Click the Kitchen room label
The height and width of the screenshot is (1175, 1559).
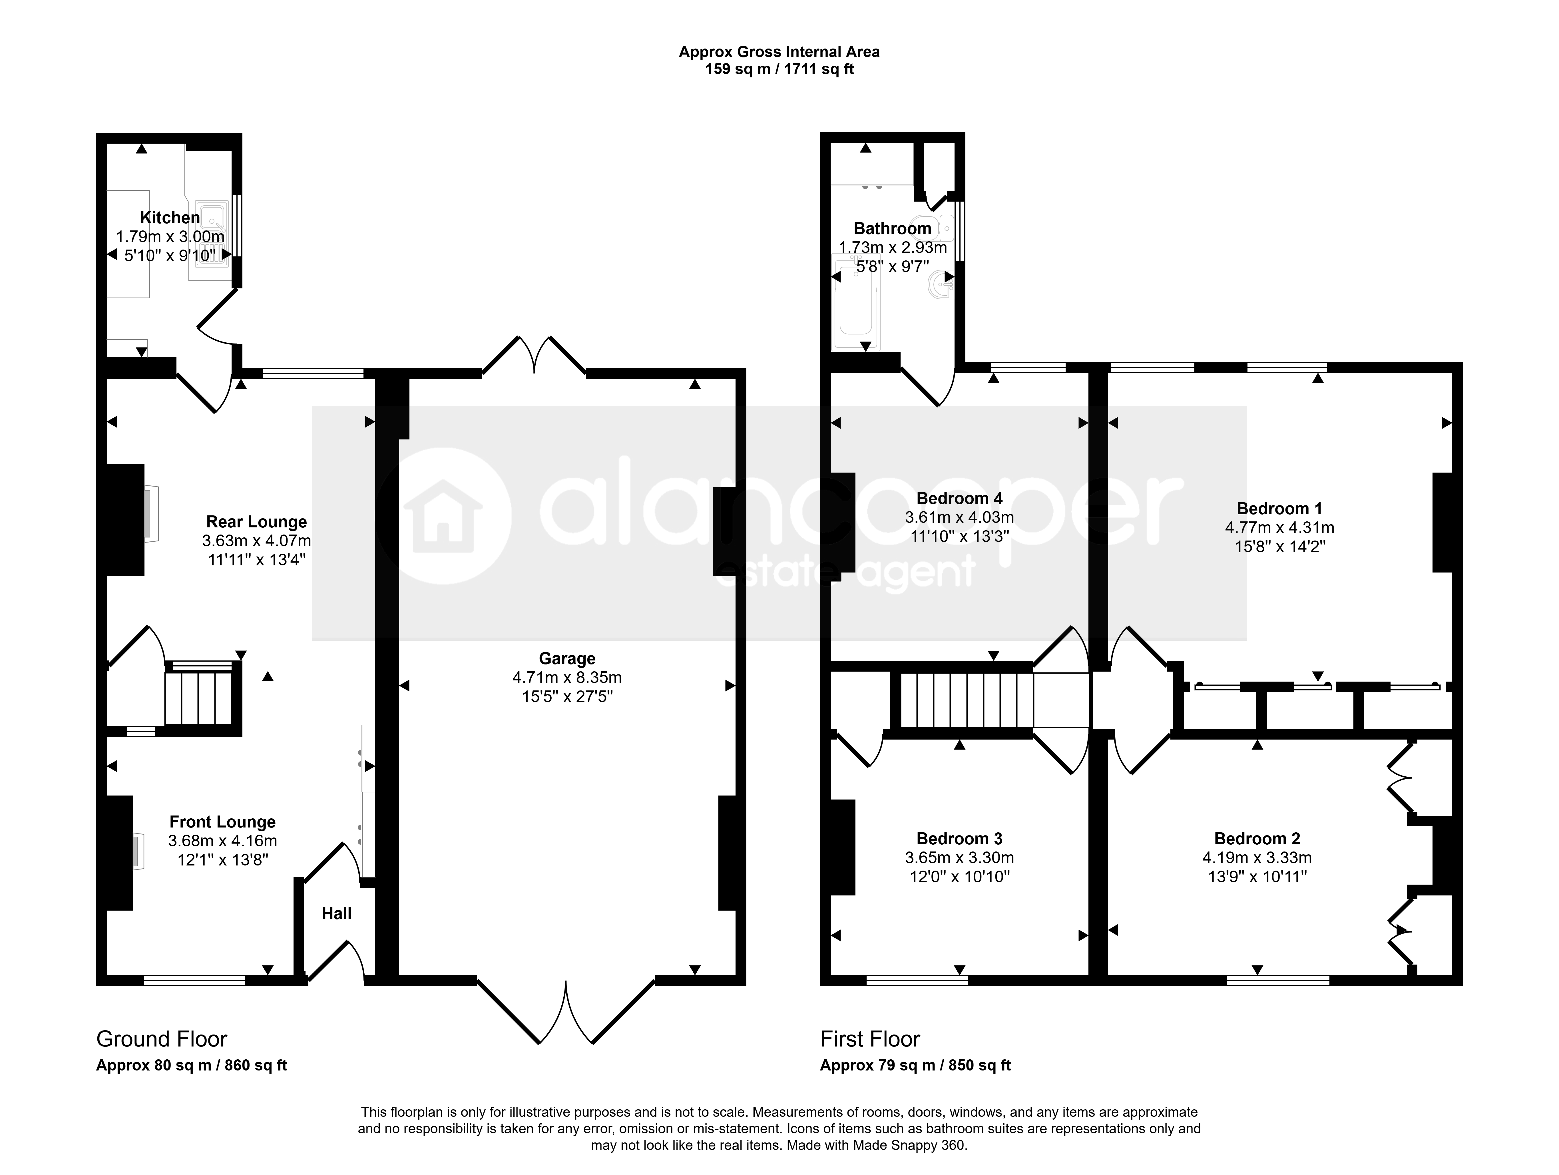pos(170,218)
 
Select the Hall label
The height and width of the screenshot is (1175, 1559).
pos(337,913)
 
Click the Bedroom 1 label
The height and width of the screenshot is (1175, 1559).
pos(1279,508)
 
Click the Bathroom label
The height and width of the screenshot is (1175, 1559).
pos(892,228)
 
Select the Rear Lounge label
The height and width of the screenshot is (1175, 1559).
pos(256,522)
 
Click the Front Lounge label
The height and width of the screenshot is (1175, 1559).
pos(223,822)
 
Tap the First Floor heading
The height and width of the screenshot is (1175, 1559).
pos(870,1039)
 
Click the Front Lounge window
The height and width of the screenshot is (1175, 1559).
pos(194,980)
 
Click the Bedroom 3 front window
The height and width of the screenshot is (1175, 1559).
pos(917,980)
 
